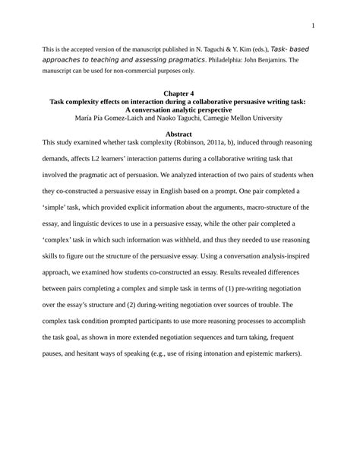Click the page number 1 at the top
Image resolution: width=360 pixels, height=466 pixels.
pyautogui.click(x=313, y=26)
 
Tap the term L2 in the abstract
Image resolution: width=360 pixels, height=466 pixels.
pyautogui.click(x=88, y=159)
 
